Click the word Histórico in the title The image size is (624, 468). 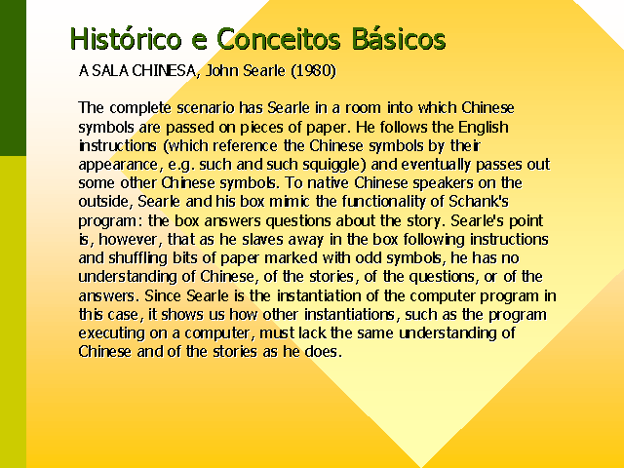(126, 39)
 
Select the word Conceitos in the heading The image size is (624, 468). (279, 39)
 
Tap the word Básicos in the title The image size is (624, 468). (399, 39)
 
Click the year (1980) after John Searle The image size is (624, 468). (313, 71)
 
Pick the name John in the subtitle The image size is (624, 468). (221, 71)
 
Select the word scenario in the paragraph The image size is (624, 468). (206, 108)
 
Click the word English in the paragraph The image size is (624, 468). (484, 128)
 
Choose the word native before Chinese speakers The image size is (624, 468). (329, 183)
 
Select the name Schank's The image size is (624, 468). (479, 202)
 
